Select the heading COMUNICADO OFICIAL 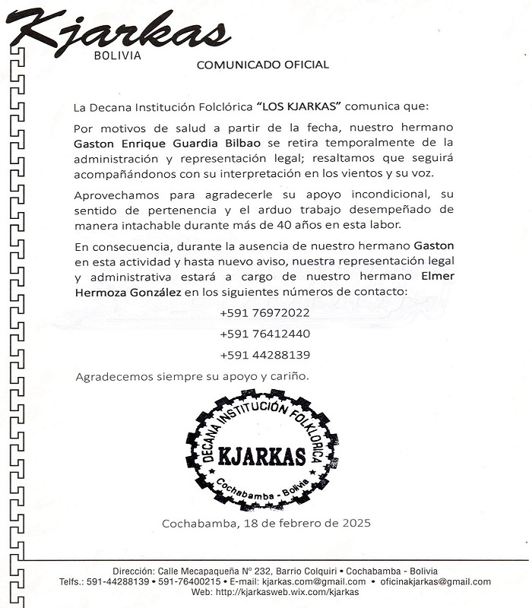tap(262, 65)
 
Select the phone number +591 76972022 tap(264, 312)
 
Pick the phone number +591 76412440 tap(264, 334)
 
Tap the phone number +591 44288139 tap(264, 355)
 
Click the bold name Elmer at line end tap(437, 276)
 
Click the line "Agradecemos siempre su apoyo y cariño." tap(192, 376)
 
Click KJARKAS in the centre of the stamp tap(261, 456)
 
